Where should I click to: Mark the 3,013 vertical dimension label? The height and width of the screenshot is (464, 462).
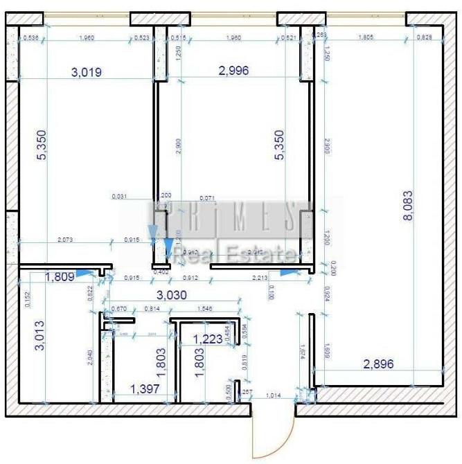pos(41,335)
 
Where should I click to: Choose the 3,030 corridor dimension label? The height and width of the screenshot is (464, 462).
pos(171,295)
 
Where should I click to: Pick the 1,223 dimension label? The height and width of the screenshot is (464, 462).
pos(207,339)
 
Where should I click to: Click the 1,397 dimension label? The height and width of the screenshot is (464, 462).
pos(145,390)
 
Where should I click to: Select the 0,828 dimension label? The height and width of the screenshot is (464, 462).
pos(424,37)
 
